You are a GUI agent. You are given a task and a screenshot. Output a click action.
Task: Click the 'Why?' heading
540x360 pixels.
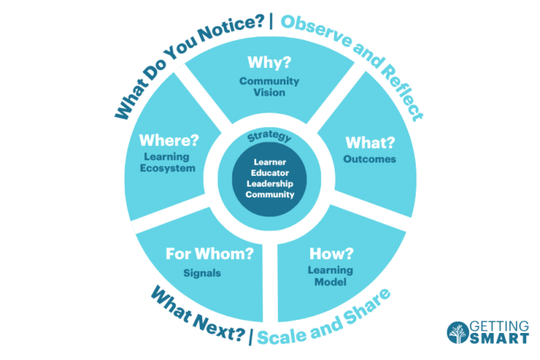click(269, 62)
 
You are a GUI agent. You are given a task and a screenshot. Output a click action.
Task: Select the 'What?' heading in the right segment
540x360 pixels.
click(370, 143)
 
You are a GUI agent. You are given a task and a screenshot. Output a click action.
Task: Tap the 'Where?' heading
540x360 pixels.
click(169, 140)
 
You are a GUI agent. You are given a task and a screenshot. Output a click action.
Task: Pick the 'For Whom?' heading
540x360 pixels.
click(209, 254)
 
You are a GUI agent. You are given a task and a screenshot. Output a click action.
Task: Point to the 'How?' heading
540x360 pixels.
click(331, 254)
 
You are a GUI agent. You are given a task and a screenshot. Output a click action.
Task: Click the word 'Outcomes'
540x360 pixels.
click(370, 159)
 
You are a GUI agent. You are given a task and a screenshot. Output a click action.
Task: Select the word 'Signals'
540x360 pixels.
click(202, 273)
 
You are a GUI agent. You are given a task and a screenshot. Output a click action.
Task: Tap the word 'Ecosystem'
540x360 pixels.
click(167, 168)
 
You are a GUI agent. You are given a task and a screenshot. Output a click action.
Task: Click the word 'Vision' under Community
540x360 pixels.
click(269, 93)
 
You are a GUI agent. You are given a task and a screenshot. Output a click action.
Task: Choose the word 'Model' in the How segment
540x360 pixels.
click(330, 282)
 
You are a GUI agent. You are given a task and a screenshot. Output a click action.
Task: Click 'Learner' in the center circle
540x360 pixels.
click(270, 162)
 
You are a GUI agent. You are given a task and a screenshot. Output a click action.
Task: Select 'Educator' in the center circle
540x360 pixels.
click(270, 173)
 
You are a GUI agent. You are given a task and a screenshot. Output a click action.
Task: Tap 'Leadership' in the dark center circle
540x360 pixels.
click(270, 183)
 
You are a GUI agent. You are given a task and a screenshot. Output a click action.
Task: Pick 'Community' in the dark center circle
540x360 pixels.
click(270, 194)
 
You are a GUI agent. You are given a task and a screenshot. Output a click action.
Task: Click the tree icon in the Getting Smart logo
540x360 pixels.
click(458, 332)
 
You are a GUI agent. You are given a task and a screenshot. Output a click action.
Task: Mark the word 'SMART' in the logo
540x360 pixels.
click(499, 338)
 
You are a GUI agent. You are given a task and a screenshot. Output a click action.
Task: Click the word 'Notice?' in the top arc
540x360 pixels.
click(229, 29)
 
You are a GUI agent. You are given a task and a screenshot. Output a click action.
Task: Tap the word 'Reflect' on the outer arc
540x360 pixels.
click(402, 92)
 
